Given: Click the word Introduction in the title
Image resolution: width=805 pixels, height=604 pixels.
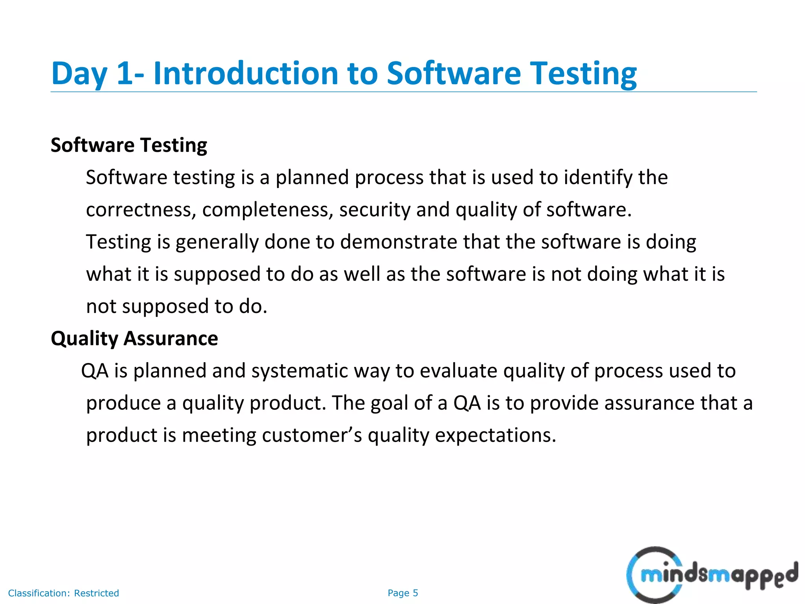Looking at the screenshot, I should (246, 74).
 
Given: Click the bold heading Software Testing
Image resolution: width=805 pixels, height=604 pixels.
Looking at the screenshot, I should (129, 145).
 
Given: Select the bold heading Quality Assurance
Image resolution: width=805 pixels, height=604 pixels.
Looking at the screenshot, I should (134, 339).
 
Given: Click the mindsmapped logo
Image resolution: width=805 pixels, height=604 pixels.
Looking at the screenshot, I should (711, 575).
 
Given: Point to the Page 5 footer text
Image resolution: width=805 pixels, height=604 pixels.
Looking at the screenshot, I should (402, 593).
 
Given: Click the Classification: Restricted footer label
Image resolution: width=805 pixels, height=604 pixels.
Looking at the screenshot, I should (63, 593).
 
